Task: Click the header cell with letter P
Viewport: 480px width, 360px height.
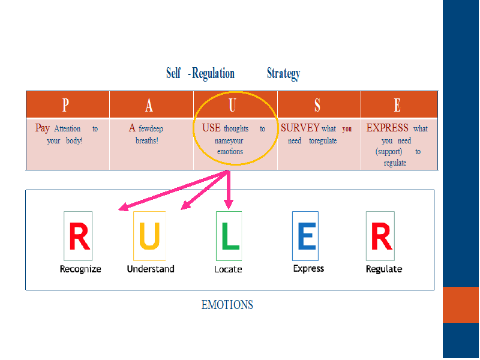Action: tap(68, 104)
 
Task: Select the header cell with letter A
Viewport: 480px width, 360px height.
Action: tap(151, 104)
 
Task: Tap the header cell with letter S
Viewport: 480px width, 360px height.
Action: tap(319, 104)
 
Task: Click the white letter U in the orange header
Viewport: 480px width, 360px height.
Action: tap(232, 105)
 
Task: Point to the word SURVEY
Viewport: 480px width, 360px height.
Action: tap(300, 128)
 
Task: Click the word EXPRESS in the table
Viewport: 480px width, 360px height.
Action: tap(387, 128)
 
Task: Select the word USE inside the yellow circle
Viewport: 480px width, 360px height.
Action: tap(211, 128)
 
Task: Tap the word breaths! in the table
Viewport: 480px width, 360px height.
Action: tap(147, 140)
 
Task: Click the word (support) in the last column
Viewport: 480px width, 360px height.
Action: tap(389, 152)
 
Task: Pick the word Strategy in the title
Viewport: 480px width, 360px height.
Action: tap(283, 73)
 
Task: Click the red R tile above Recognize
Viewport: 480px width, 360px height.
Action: tap(78, 236)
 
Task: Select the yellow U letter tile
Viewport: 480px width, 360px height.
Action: tap(149, 236)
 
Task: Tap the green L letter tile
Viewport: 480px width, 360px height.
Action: tap(229, 236)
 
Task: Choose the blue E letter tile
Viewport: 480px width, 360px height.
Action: tap(305, 236)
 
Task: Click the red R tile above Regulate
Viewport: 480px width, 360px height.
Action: tap(380, 236)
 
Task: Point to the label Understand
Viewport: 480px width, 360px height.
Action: tap(151, 269)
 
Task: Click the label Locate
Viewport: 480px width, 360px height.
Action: tap(228, 269)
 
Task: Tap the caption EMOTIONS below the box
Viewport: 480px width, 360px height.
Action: tap(227, 305)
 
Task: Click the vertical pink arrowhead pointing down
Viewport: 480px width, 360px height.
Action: tap(229, 205)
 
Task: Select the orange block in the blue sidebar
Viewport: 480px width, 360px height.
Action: tap(461, 305)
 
